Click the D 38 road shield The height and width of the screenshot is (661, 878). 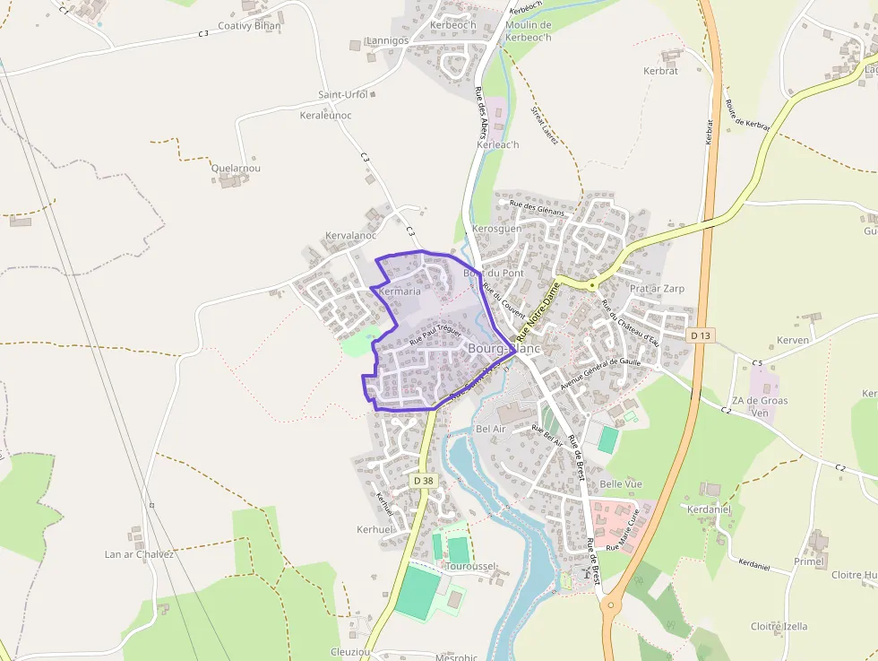(424, 481)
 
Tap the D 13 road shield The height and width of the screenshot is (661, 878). (702, 335)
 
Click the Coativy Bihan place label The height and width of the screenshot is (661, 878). (249, 26)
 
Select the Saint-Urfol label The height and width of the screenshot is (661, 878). (343, 94)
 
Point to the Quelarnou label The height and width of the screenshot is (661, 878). (236, 168)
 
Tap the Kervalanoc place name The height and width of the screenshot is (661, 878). (350, 236)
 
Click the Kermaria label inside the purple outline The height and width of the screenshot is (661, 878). (400, 291)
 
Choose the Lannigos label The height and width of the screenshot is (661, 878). (387, 40)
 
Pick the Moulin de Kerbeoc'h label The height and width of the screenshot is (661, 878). (529, 30)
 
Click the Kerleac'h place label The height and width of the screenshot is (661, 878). (498, 144)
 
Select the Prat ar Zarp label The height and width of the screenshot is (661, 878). (657, 289)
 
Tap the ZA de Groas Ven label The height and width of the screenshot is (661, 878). (759, 406)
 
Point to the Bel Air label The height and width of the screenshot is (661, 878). (491, 429)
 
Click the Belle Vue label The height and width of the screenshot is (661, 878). (621, 483)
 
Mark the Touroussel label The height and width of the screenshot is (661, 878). (470, 567)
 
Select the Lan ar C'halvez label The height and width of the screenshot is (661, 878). (139, 554)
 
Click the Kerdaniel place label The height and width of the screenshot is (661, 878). (709, 509)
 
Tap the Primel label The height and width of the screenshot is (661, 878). (808, 561)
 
